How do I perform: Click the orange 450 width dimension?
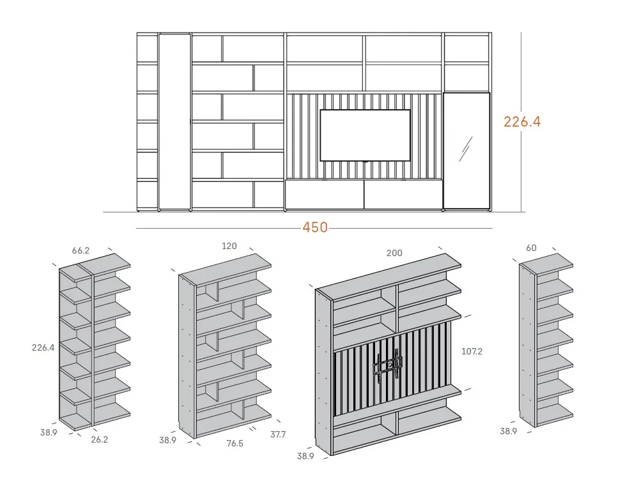click(315, 227)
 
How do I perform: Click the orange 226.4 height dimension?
click(522, 122)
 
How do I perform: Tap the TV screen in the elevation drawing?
click(365, 135)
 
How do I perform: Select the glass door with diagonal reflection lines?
click(466, 151)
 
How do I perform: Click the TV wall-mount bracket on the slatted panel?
click(387, 367)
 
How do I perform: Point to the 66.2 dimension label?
click(81, 250)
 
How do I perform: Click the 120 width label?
click(229, 246)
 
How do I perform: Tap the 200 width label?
click(394, 253)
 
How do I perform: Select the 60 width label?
click(531, 248)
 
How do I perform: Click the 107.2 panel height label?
click(472, 351)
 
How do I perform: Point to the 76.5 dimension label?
click(235, 443)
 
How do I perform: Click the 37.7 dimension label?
click(278, 434)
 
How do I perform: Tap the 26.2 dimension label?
click(100, 439)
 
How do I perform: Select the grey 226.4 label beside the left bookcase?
click(43, 347)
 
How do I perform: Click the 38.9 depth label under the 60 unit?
click(509, 431)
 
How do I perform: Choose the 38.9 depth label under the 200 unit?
click(305, 456)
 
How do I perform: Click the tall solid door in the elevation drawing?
click(174, 122)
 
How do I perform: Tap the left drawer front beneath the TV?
click(325, 195)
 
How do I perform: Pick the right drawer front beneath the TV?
click(403, 195)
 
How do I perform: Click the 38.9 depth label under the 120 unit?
click(167, 440)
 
